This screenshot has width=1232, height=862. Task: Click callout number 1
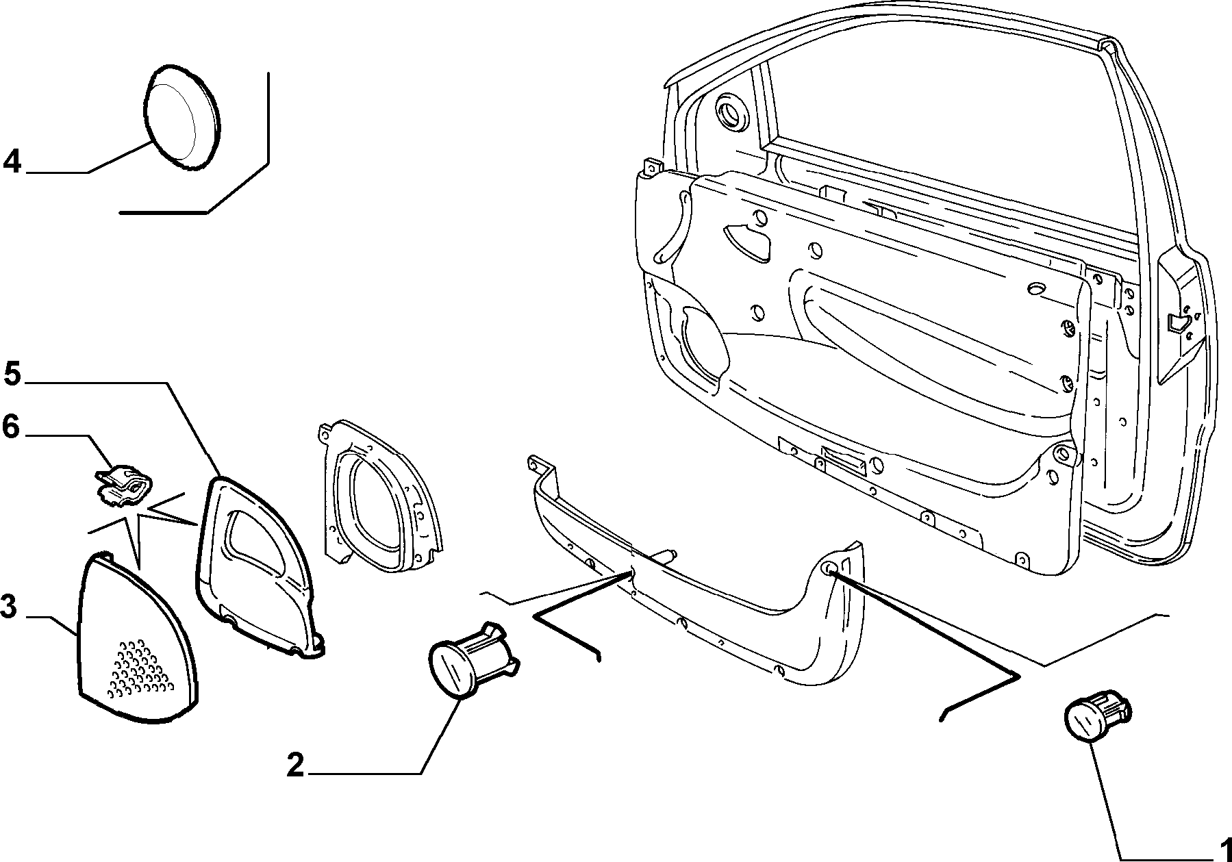pos(1221,848)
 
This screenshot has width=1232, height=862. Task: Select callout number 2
pos(295,765)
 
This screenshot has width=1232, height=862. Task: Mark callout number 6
pos(12,427)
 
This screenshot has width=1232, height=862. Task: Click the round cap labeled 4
pos(182,117)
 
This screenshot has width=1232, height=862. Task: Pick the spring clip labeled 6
pos(124,485)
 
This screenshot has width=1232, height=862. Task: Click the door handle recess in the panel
pos(751,240)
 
